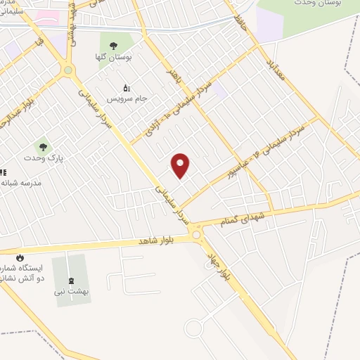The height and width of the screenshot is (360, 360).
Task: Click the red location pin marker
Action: click(181, 166)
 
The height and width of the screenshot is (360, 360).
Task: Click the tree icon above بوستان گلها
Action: click(113, 46)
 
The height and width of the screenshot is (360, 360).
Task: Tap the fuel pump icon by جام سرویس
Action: click(127, 88)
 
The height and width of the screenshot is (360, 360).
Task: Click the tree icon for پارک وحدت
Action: click(44, 148)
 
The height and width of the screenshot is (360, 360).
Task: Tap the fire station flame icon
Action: click(20, 257)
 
